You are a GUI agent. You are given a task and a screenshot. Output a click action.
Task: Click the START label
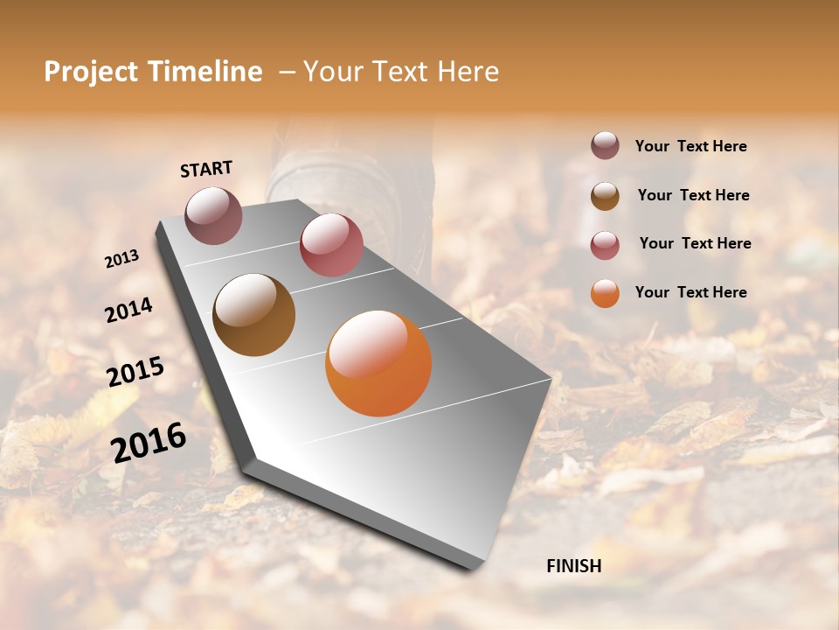[206, 169]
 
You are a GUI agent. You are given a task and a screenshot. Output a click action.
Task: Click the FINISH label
[573, 566]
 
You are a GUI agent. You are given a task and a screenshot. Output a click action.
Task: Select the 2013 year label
[121, 259]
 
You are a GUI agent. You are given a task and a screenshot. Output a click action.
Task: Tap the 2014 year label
[128, 311]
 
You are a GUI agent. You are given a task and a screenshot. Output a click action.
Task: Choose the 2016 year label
[149, 442]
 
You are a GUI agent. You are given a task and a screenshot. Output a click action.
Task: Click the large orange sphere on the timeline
[378, 363]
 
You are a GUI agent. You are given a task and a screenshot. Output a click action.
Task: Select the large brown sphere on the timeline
[253, 315]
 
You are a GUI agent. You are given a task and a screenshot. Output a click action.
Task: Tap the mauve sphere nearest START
[213, 215]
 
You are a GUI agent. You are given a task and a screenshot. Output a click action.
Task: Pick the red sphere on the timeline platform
[331, 245]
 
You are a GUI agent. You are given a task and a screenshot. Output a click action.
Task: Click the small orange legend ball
[605, 293]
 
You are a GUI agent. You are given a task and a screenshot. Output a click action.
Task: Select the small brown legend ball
[605, 196]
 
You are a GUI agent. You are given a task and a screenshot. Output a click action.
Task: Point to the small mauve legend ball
[605, 145]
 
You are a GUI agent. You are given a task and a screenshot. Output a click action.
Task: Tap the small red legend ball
[605, 245]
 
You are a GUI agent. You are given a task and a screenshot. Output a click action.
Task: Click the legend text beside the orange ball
[690, 292]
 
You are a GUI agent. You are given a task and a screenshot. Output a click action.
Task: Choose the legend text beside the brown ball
[693, 195]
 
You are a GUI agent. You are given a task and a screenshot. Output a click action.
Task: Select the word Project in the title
[90, 72]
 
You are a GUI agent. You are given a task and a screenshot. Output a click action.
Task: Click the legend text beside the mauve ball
[690, 146]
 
